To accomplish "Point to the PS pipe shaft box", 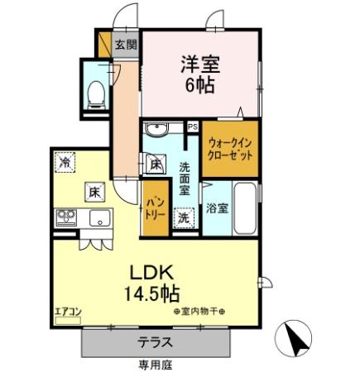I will [x=192, y=127].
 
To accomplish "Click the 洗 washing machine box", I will [x=185, y=218].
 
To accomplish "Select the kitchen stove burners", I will [x=65, y=220].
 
